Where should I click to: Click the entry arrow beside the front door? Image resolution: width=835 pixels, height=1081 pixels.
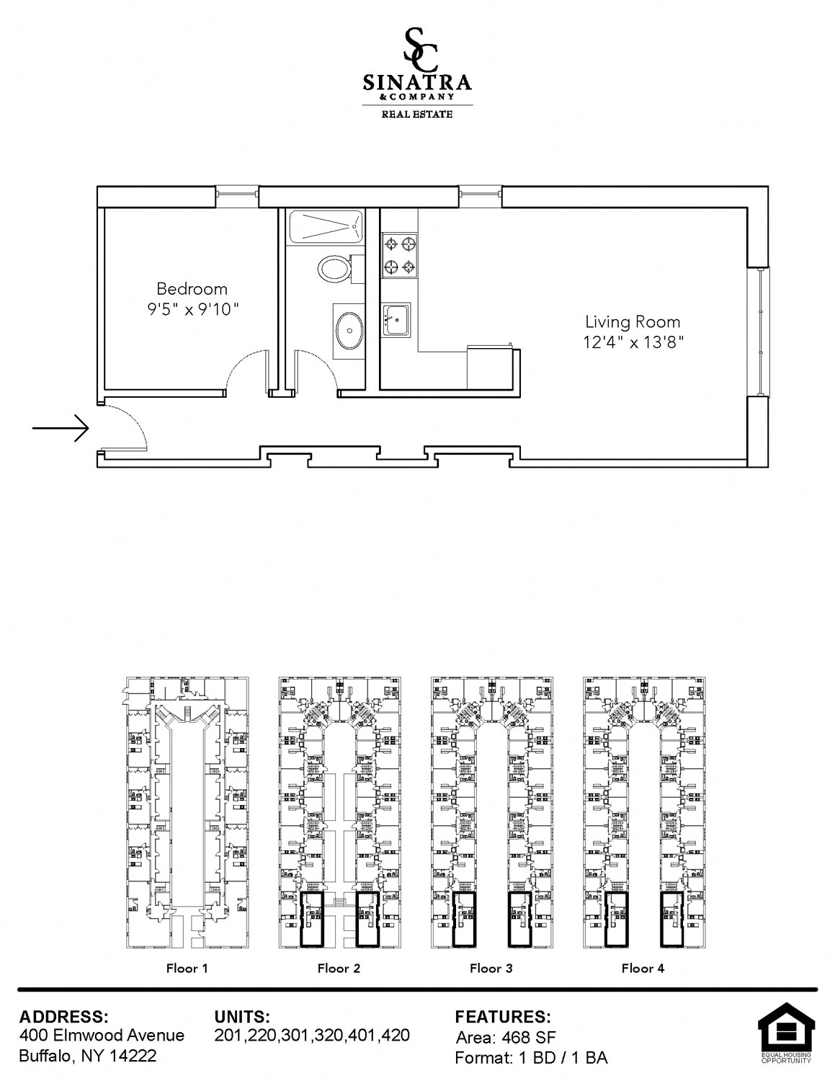click(x=61, y=428)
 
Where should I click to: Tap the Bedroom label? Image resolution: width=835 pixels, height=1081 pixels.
click(x=192, y=288)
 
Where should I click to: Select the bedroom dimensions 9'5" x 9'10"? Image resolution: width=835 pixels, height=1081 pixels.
click(x=193, y=309)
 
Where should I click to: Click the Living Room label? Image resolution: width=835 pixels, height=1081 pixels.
click(x=633, y=322)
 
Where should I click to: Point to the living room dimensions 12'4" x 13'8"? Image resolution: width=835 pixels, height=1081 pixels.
click(x=633, y=342)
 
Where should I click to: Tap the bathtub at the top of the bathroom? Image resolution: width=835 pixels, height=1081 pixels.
click(x=326, y=226)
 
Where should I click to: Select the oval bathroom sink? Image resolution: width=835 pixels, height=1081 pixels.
click(x=349, y=330)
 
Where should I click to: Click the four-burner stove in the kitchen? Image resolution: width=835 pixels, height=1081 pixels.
click(x=399, y=256)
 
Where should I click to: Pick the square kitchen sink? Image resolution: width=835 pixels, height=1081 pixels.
click(x=396, y=320)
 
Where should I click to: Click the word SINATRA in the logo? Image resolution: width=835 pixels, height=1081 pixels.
click(x=417, y=82)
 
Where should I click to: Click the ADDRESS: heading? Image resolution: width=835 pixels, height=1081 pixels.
click(x=63, y=1016)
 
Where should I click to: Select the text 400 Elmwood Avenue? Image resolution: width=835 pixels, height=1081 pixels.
click(x=102, y=1035)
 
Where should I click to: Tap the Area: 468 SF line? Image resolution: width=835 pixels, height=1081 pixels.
click(x=505, y=1037)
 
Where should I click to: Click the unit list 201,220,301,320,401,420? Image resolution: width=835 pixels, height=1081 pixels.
click(x=312, y=1035)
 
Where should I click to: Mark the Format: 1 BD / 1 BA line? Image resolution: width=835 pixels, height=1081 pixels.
click(x=531, y=1058)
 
